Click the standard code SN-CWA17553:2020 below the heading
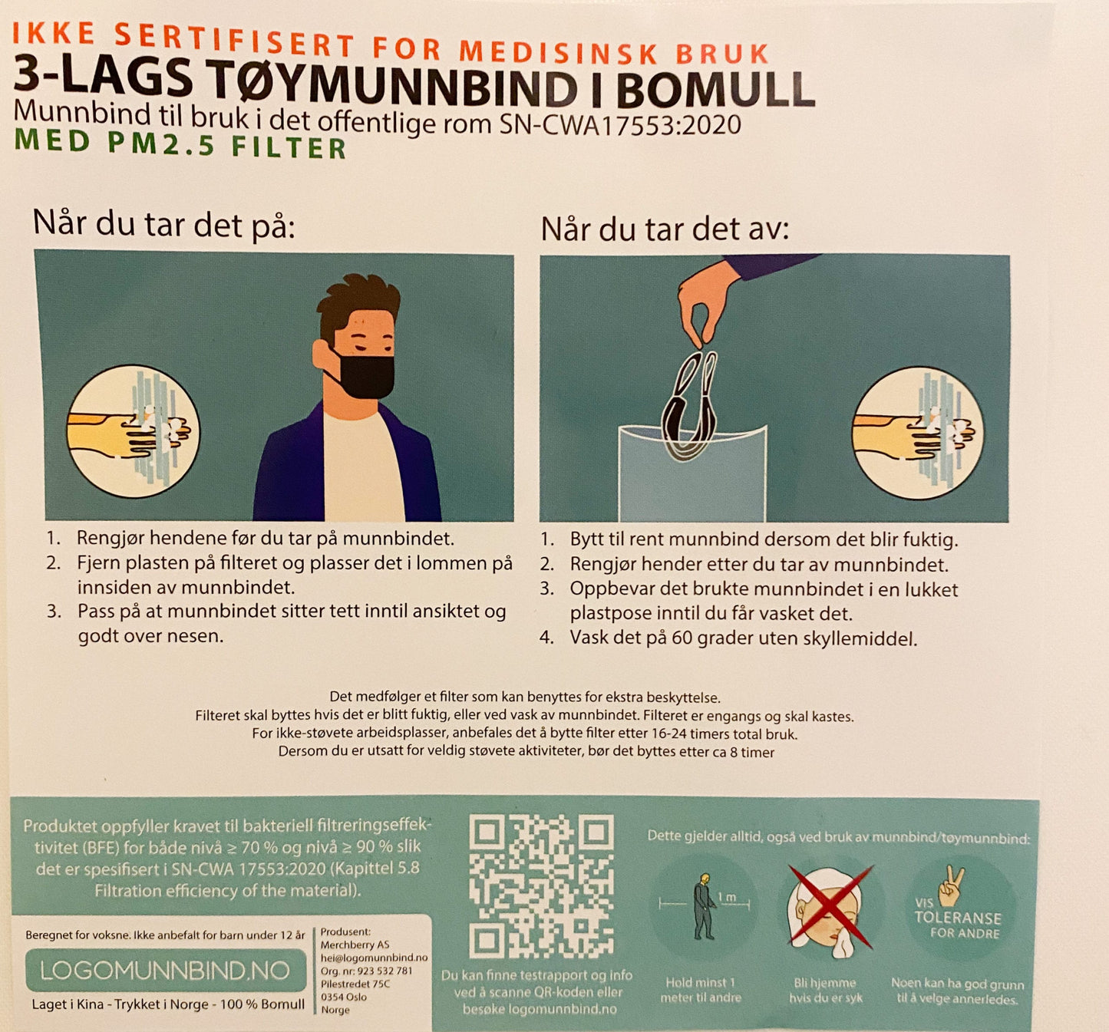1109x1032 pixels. [620, 125]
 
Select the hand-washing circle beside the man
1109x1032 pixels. [133, 432]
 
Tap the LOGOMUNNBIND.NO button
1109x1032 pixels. [166, 971]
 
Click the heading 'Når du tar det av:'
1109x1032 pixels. [665, 229]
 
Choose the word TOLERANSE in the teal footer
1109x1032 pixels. [958, 918]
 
